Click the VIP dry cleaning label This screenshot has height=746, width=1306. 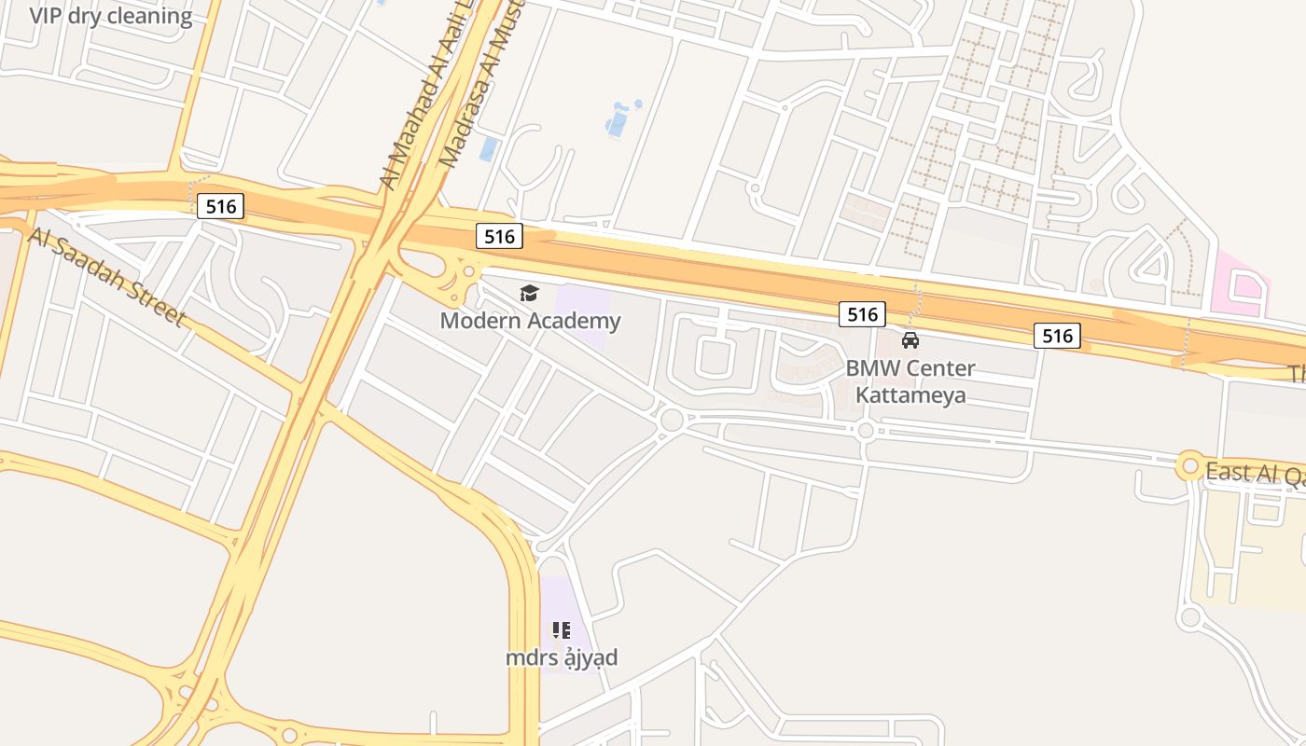[x=111, y=16]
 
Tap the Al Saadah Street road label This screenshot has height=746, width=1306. [x=106, y=276]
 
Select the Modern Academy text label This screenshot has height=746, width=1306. [x=530, y=322]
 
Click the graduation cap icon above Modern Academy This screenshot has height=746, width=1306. [x=530, y=294]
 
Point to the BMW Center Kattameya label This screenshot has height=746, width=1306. [x=910, y=381]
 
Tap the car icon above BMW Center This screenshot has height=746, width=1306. [x=910, y=340]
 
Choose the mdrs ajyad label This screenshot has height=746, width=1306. [x=562, y=658]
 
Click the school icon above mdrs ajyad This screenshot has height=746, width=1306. [x=562, y=630]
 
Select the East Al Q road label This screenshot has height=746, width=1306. [x=1255, y=473]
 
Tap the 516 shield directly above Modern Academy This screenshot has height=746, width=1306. [x=499, y=237]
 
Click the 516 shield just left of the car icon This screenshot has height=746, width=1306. [x=862, y=314]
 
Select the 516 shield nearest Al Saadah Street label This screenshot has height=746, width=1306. [x=221, y=206]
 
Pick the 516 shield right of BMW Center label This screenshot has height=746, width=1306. [x=1057, y=335]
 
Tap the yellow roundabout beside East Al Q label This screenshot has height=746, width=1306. [x=1190, y=465]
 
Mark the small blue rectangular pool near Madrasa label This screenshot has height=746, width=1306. [x=488, y=148]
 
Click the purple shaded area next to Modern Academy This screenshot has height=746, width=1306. [x=582, y=317]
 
